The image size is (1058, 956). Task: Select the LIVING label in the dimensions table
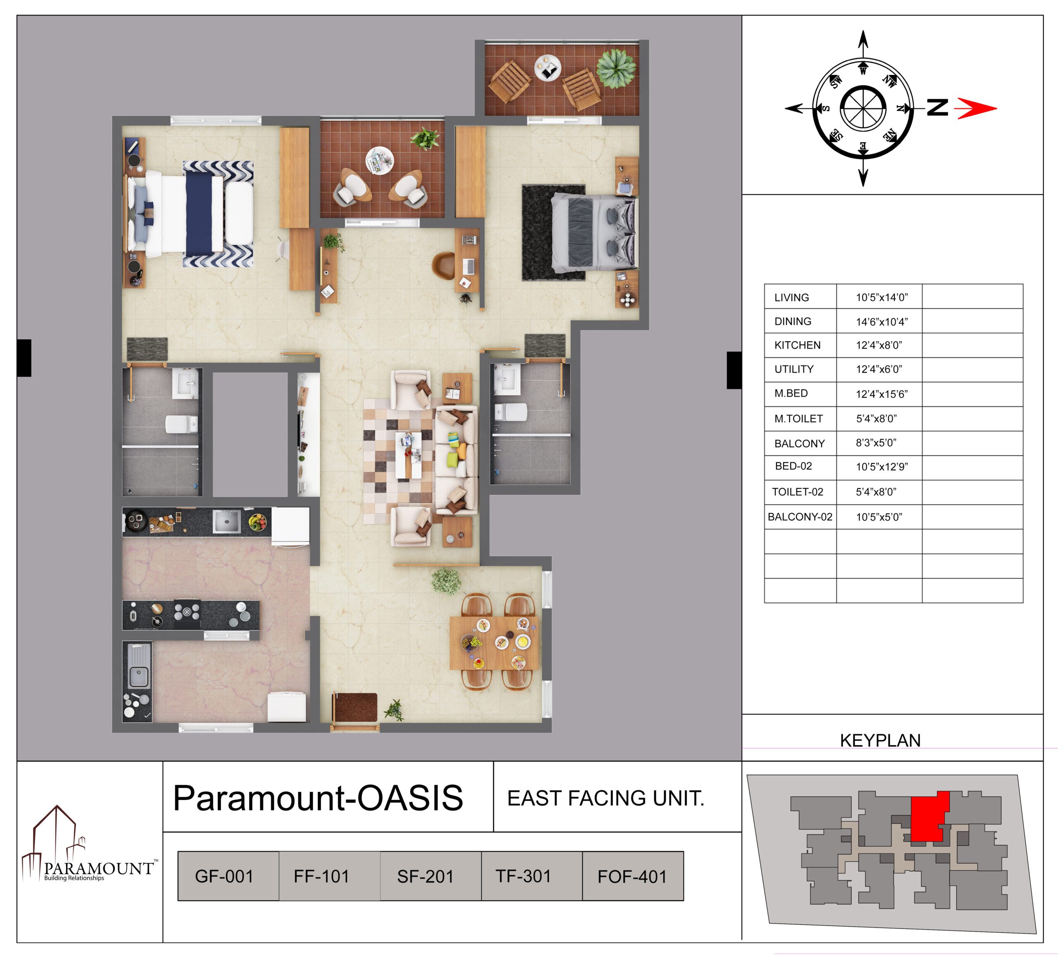(x=791, y=298)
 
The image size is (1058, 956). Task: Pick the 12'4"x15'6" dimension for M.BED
(x=882, y=394)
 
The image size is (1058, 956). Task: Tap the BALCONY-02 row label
(x=800, y=517)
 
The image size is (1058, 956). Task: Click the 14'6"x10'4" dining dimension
(x=882, y=322)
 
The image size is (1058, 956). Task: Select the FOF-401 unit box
(x=633, y=876)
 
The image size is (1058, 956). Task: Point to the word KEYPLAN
(x=880, y=740)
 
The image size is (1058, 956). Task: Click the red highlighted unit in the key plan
(x=928, y=815)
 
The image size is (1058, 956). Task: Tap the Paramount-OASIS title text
(x=318, y=798)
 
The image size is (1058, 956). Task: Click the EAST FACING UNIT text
(x=605, y=798)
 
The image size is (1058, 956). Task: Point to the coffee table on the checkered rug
(x=408, y=455)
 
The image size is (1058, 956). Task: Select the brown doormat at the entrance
(x=356, y=707)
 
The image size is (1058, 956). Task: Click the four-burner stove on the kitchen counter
(x=187, y=614)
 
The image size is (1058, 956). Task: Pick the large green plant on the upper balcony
(x=616, y=68)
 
